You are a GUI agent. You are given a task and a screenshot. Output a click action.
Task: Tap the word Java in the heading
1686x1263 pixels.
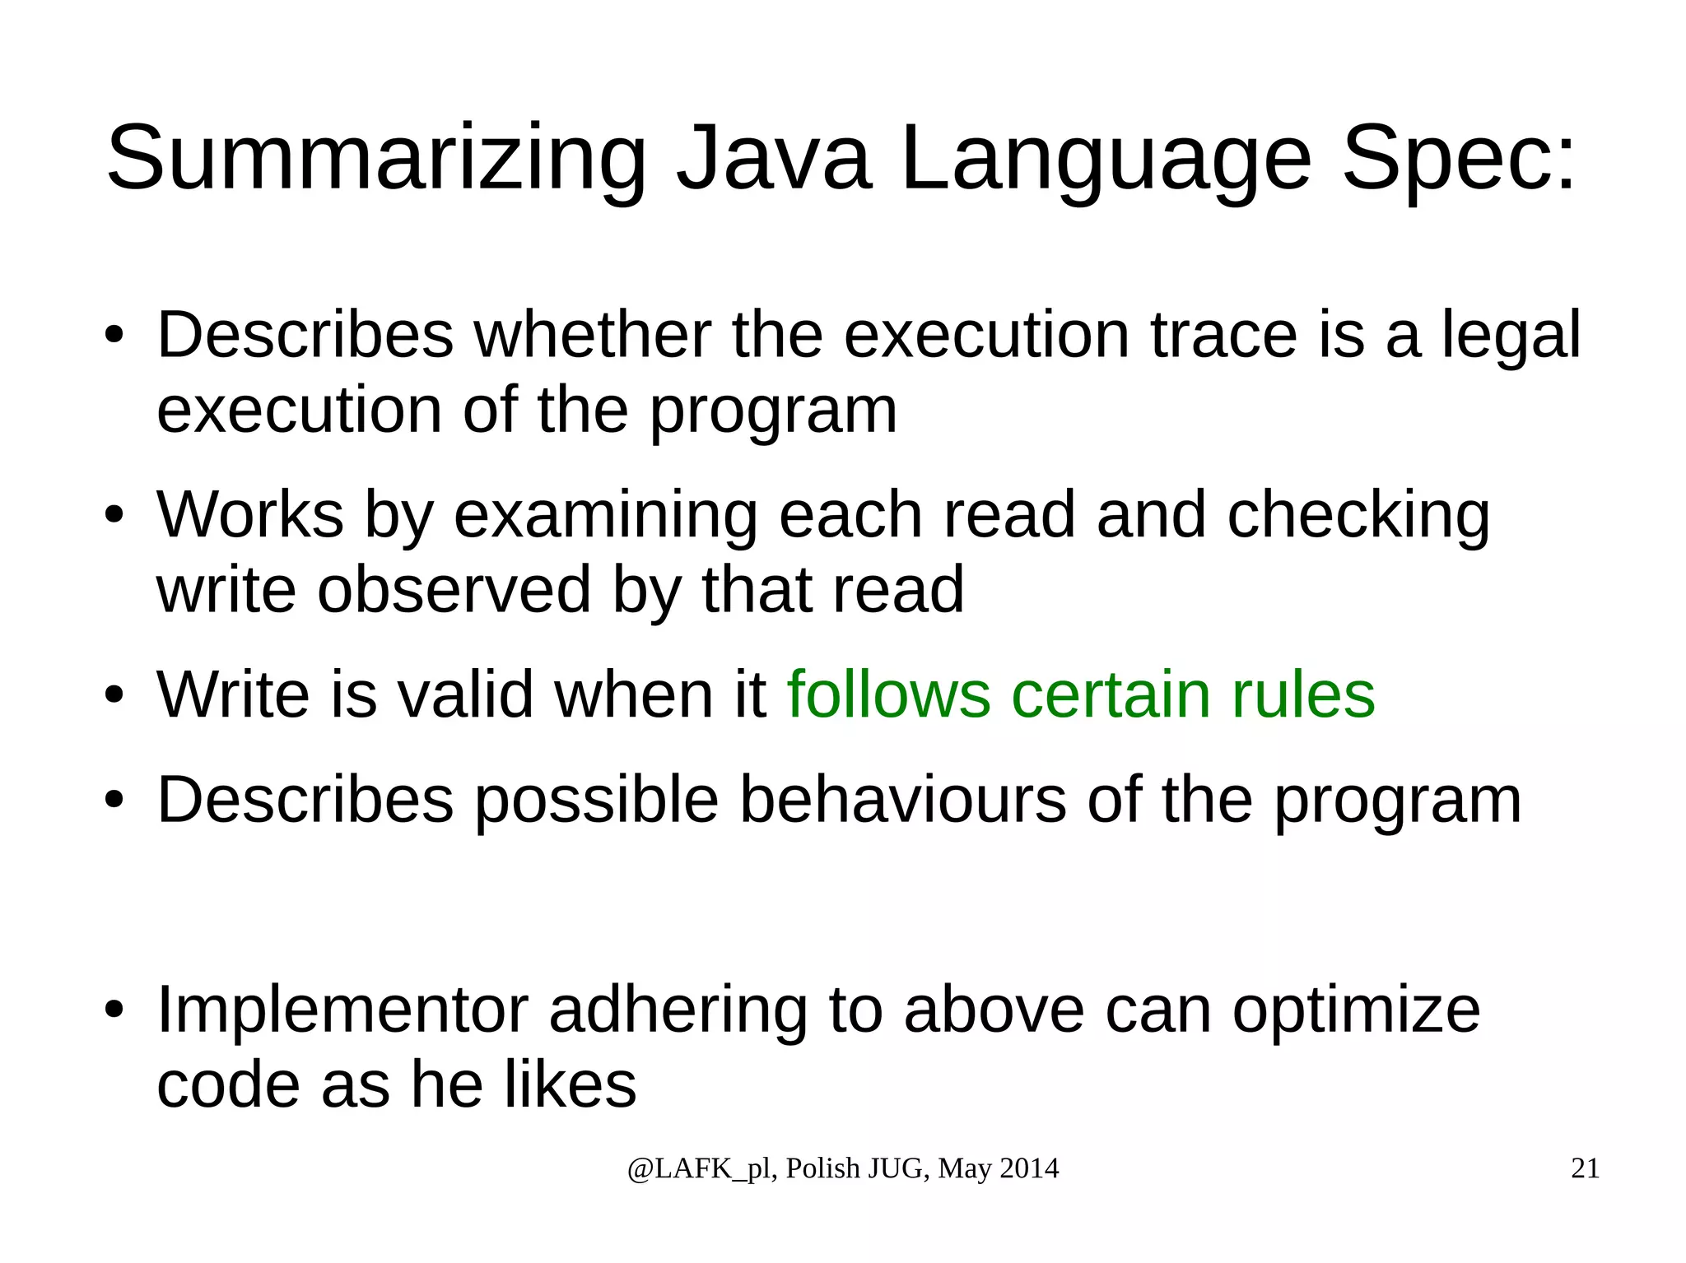tap(772, 158)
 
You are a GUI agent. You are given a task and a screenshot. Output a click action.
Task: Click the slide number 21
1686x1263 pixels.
tap(1585, 1168)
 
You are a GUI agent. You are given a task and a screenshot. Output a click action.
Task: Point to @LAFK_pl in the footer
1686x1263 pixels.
tap(699, 1169)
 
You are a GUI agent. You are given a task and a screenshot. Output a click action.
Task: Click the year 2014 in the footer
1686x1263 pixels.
tap(1030, 1168)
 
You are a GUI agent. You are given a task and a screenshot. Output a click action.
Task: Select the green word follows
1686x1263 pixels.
tap(888, 694)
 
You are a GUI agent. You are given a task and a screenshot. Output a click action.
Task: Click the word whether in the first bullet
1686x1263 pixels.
tap(593, 335)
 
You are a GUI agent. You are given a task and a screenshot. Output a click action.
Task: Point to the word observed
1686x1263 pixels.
tap(454, 589)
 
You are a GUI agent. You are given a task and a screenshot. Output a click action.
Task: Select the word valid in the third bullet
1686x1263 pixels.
tap(466, 694)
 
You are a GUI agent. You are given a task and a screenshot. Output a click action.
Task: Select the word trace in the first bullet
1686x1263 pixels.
tap(1223, 335)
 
